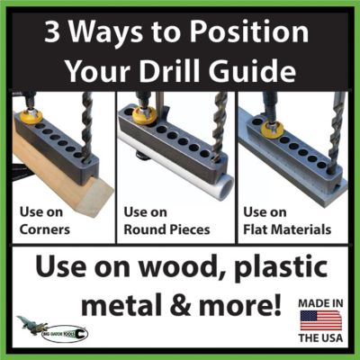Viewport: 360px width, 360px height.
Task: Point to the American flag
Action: tap(322, 322)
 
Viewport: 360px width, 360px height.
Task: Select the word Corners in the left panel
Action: tap(46, 229)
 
